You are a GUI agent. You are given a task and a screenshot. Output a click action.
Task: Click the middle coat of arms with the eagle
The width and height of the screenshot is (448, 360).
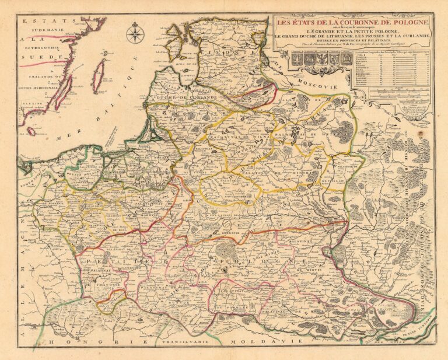pos(320,58)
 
